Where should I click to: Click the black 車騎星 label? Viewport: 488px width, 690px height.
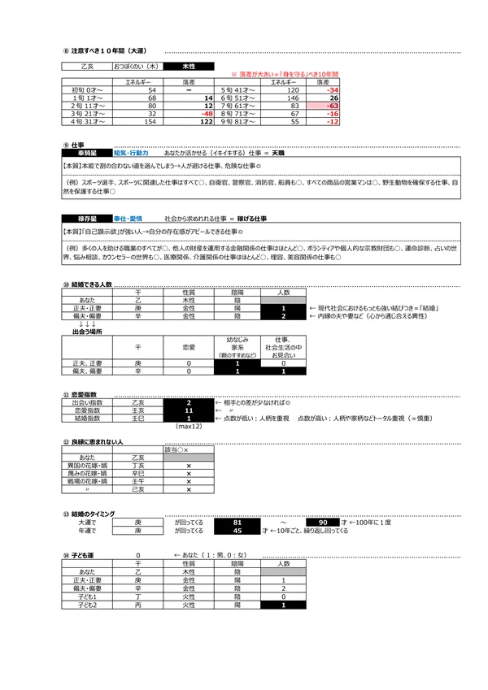point(86,152)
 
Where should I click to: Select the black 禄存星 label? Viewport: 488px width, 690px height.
point(86,219)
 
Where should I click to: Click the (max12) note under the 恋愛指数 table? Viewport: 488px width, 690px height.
point(189,427)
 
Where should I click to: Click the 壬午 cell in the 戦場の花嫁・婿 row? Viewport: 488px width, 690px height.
point(137,480)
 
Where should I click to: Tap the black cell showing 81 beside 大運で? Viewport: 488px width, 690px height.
point(237,522)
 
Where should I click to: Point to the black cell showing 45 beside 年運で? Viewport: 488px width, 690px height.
point(237,531)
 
